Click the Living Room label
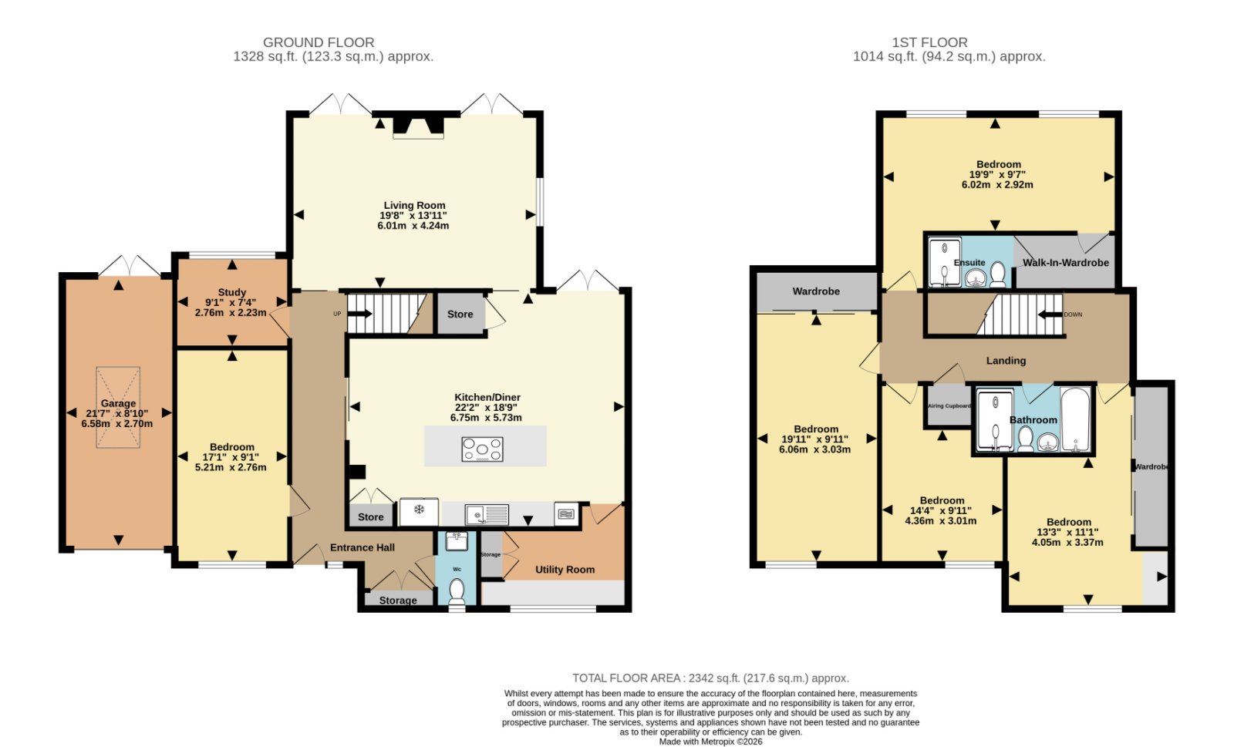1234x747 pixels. (414, 205)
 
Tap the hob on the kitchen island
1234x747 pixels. (482, 449)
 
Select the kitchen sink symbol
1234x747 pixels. (487, 515)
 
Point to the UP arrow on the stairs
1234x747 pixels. (359, 314)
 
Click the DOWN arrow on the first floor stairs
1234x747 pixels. (1050, 315)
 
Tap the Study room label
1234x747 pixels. (232, 292)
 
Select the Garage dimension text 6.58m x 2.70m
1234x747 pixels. (117, 423)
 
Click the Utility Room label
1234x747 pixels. (565, 570)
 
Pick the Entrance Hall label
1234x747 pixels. (362, 547)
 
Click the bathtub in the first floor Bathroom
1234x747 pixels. (1075, 419)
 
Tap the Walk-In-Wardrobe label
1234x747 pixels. (1065, 263)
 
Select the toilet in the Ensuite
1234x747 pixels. (997, 274)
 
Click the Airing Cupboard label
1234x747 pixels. (949, 405)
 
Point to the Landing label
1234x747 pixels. (1006, 361)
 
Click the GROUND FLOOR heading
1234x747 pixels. (319, 42)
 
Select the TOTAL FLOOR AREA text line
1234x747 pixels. (710, 678)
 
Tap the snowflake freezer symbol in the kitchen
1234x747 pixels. (419, 510)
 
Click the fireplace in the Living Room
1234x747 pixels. (418, 126)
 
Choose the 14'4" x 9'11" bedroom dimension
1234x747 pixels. (941, 511)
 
